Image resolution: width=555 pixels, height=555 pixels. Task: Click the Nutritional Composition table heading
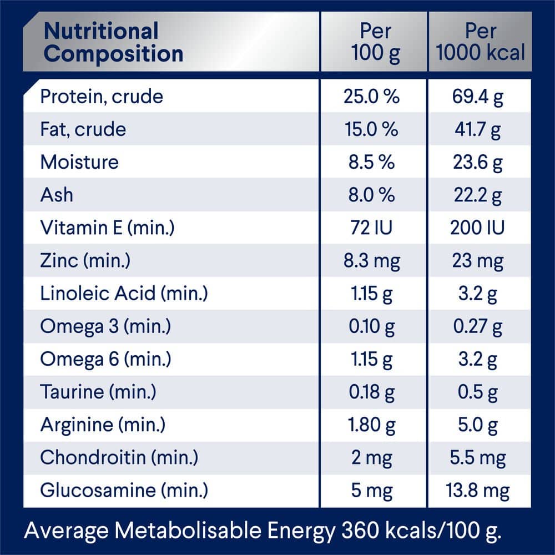click(113, 43)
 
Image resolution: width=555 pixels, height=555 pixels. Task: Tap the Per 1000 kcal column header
click(480, 43)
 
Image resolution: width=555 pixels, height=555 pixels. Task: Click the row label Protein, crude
click(102, 97)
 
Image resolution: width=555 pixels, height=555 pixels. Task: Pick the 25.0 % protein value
click(371, 97)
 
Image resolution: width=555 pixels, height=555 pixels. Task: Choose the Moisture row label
click(79, 162)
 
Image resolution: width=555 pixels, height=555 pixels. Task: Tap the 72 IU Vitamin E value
click(371, 228)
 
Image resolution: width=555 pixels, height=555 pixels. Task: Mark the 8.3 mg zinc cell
click(371, 260)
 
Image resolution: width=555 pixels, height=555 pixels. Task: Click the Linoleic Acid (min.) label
click(124, 293)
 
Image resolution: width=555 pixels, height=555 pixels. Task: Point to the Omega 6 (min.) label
click(105, 359)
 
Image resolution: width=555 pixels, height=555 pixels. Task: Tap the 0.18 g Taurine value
click(371, 392)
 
